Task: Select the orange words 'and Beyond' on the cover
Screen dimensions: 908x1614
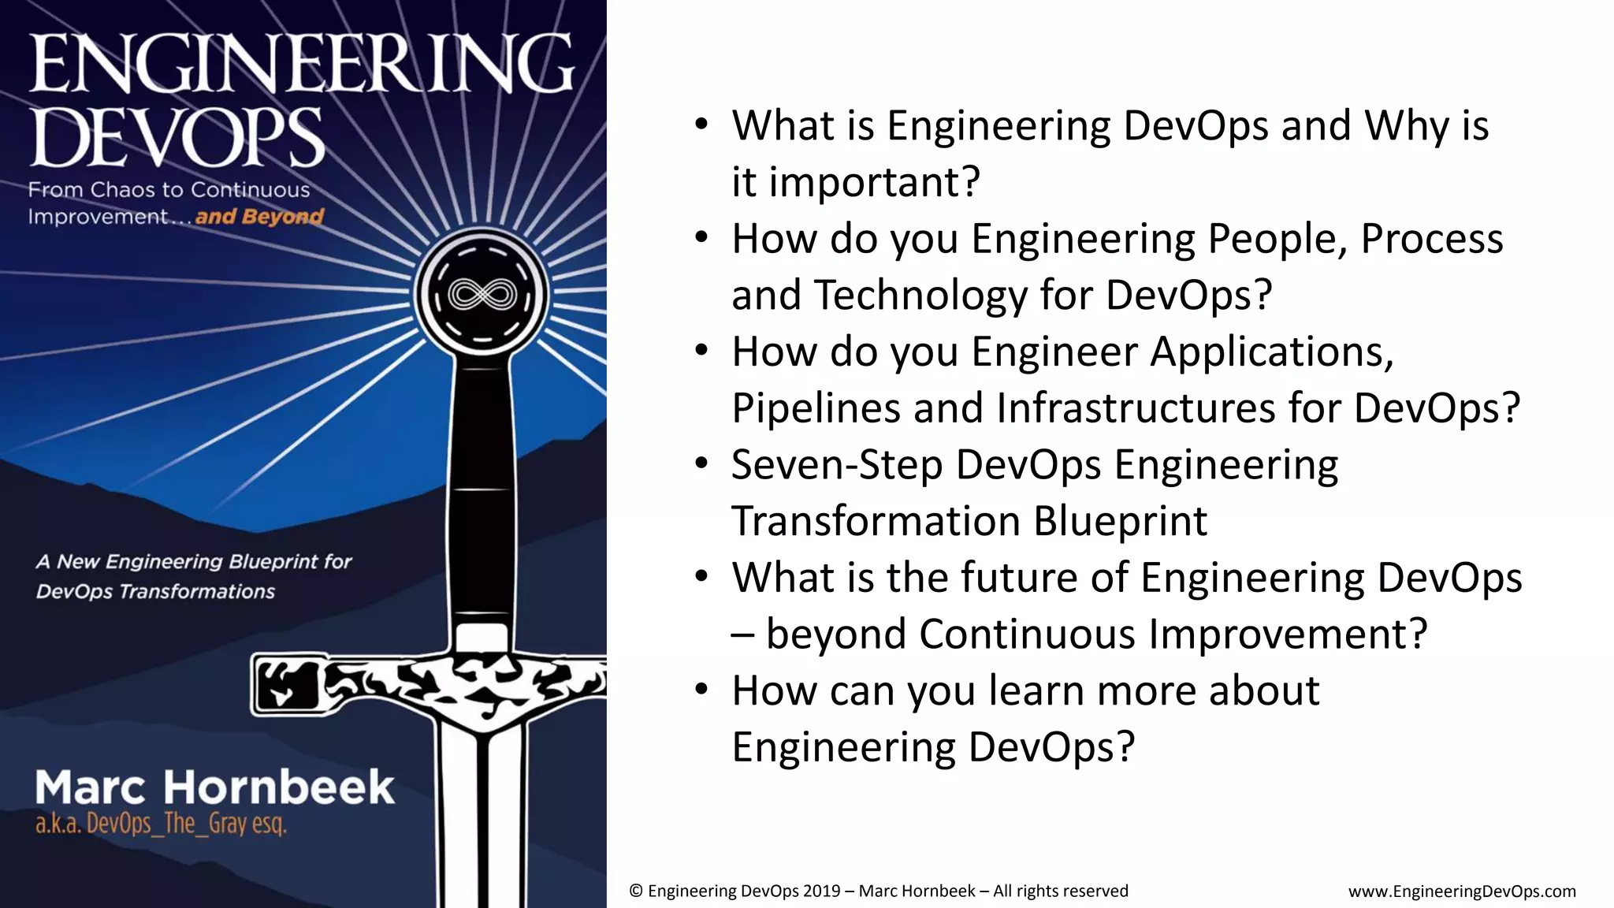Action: [259, 217]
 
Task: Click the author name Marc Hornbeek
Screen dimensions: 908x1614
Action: [214, 787]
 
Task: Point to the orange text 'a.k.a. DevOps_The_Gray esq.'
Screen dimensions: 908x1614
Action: [161, 824]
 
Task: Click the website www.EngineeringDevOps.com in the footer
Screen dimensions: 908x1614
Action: [1462, 891]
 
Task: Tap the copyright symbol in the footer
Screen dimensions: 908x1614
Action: [636, 891]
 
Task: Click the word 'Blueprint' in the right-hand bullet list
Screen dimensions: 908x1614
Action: [1120, 521]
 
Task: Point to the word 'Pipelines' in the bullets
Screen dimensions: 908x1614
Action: [816, 408]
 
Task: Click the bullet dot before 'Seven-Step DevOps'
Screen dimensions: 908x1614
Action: [701, 463]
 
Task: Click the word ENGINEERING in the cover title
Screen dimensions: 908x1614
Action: [302, 65]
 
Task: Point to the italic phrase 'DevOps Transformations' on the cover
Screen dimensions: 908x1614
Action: [155, 591]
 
